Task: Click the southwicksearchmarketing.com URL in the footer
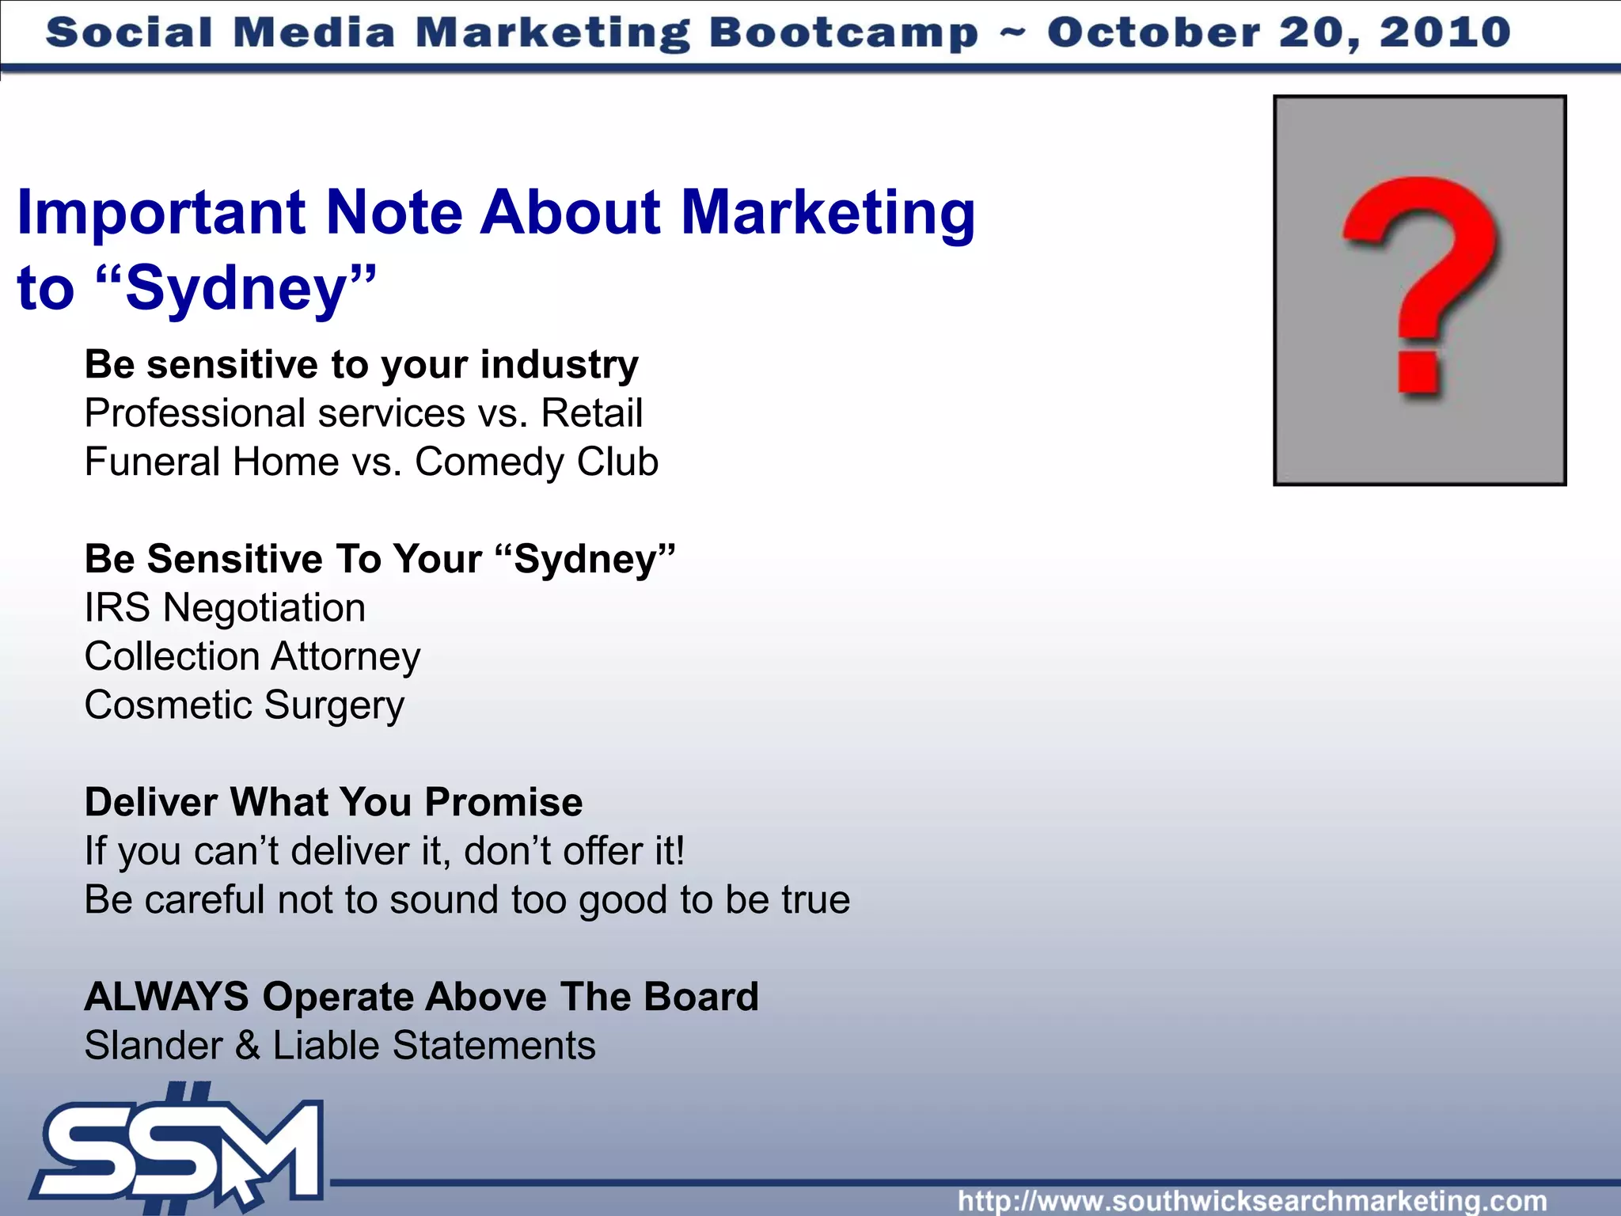1252,1201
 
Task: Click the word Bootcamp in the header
843,33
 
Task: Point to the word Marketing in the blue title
828,214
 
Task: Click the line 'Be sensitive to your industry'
361,365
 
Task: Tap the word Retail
591,413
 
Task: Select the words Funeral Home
211,462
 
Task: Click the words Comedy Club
537,462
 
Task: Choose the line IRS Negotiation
225,608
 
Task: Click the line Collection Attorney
252,657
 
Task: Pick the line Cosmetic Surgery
244,705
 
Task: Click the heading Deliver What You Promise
333,802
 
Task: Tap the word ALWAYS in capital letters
166,997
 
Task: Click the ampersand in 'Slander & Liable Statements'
247,1046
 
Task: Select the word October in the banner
1154,33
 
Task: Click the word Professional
195,413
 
